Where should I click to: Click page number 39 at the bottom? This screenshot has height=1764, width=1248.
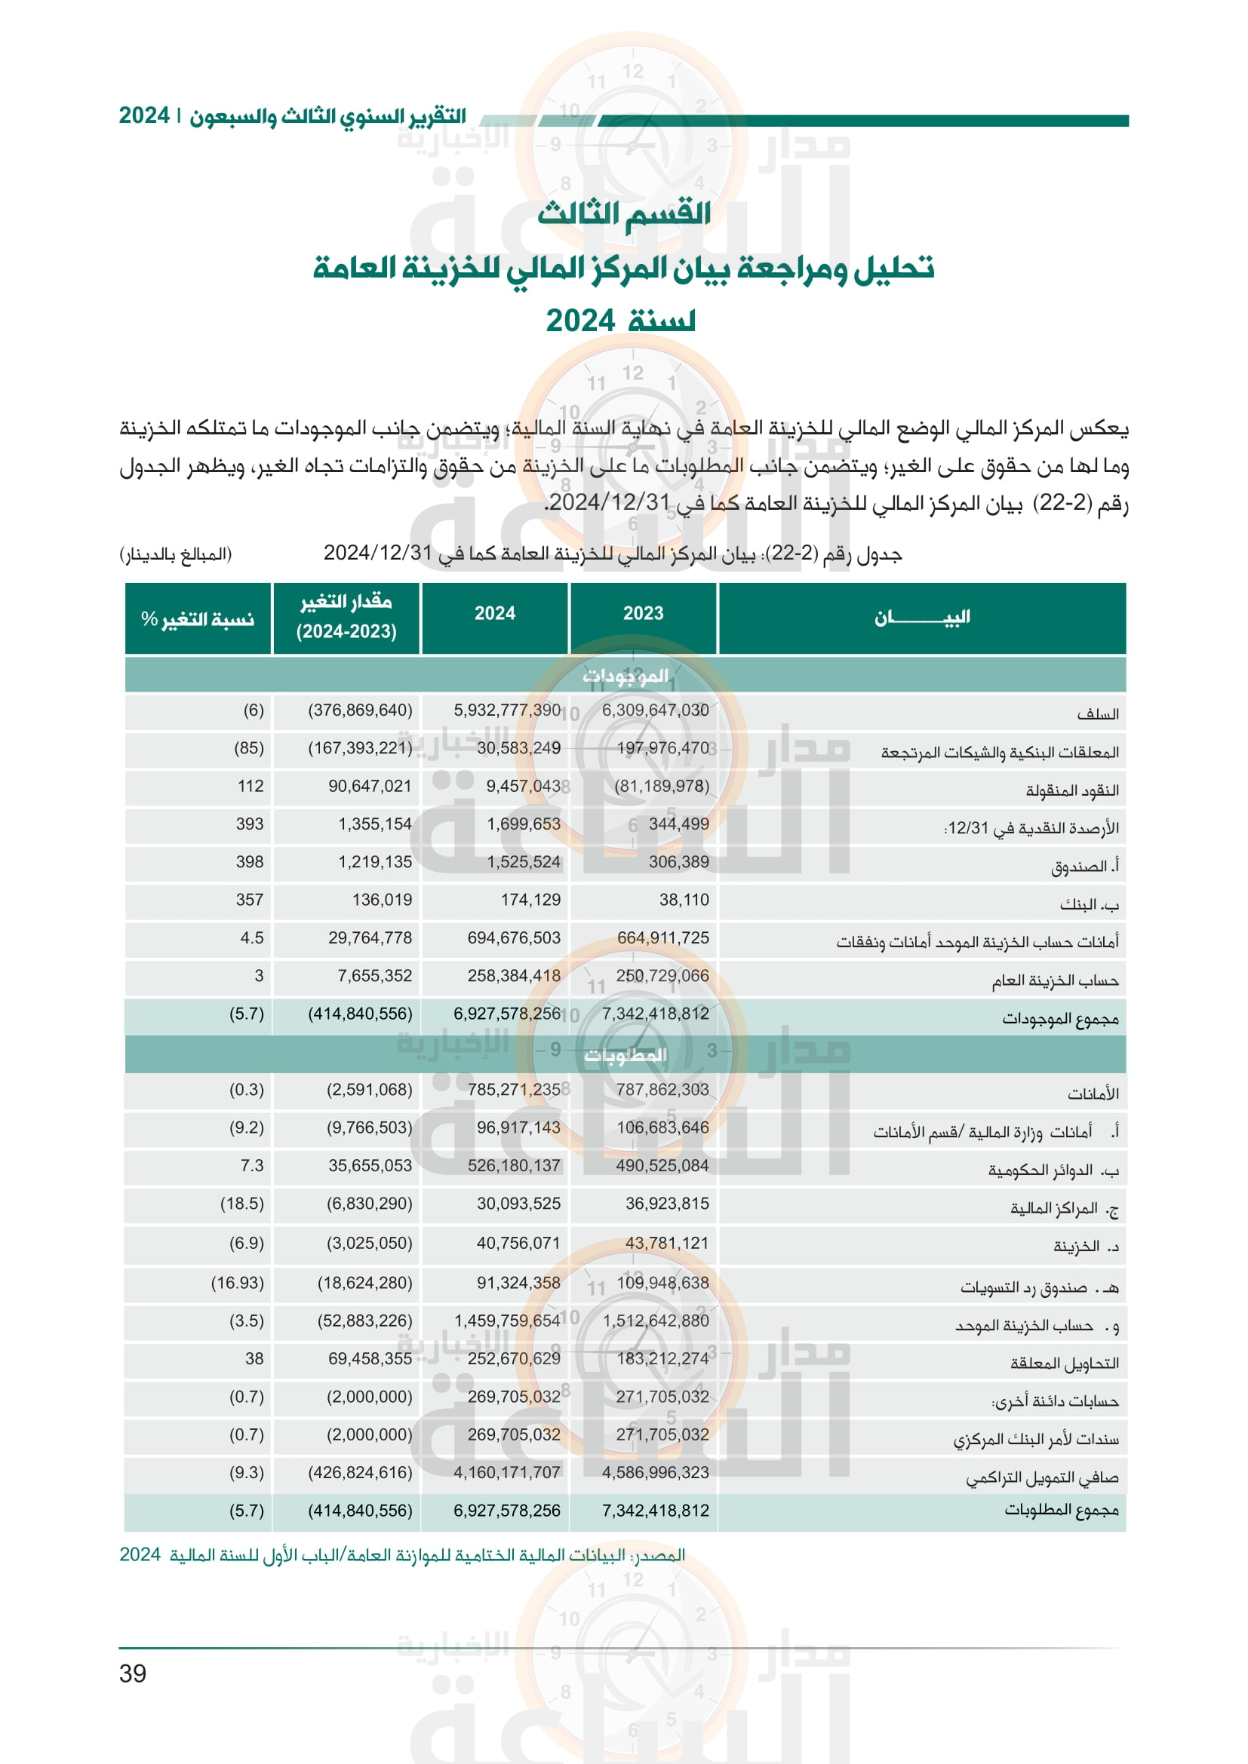point(132,1673)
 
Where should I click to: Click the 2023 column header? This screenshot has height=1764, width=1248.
point(642,613)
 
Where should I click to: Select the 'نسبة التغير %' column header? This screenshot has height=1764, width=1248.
point(198,618)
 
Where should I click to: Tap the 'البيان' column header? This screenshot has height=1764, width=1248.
point(921,618)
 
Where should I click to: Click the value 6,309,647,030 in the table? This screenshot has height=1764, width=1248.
point(655,710)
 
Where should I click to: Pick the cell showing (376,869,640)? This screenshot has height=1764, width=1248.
point(360,710)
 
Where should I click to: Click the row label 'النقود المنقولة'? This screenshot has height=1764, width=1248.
point(1072,790)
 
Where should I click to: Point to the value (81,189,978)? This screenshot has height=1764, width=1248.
point(661,785)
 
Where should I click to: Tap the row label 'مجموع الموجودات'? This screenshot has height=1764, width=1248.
point(1059,1018)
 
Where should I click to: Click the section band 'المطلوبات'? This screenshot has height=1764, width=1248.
point(625,1055)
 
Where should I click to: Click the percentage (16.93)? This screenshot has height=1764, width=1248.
point(237,1282)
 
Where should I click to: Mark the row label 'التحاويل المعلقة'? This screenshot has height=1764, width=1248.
point(1065,1363)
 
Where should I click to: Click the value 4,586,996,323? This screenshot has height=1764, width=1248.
point(655,1472)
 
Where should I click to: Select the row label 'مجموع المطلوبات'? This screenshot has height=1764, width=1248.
point(1062,1510)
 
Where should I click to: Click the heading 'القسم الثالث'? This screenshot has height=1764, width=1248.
point(624,213)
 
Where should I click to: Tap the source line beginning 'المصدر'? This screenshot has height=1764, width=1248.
point(402,1555)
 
